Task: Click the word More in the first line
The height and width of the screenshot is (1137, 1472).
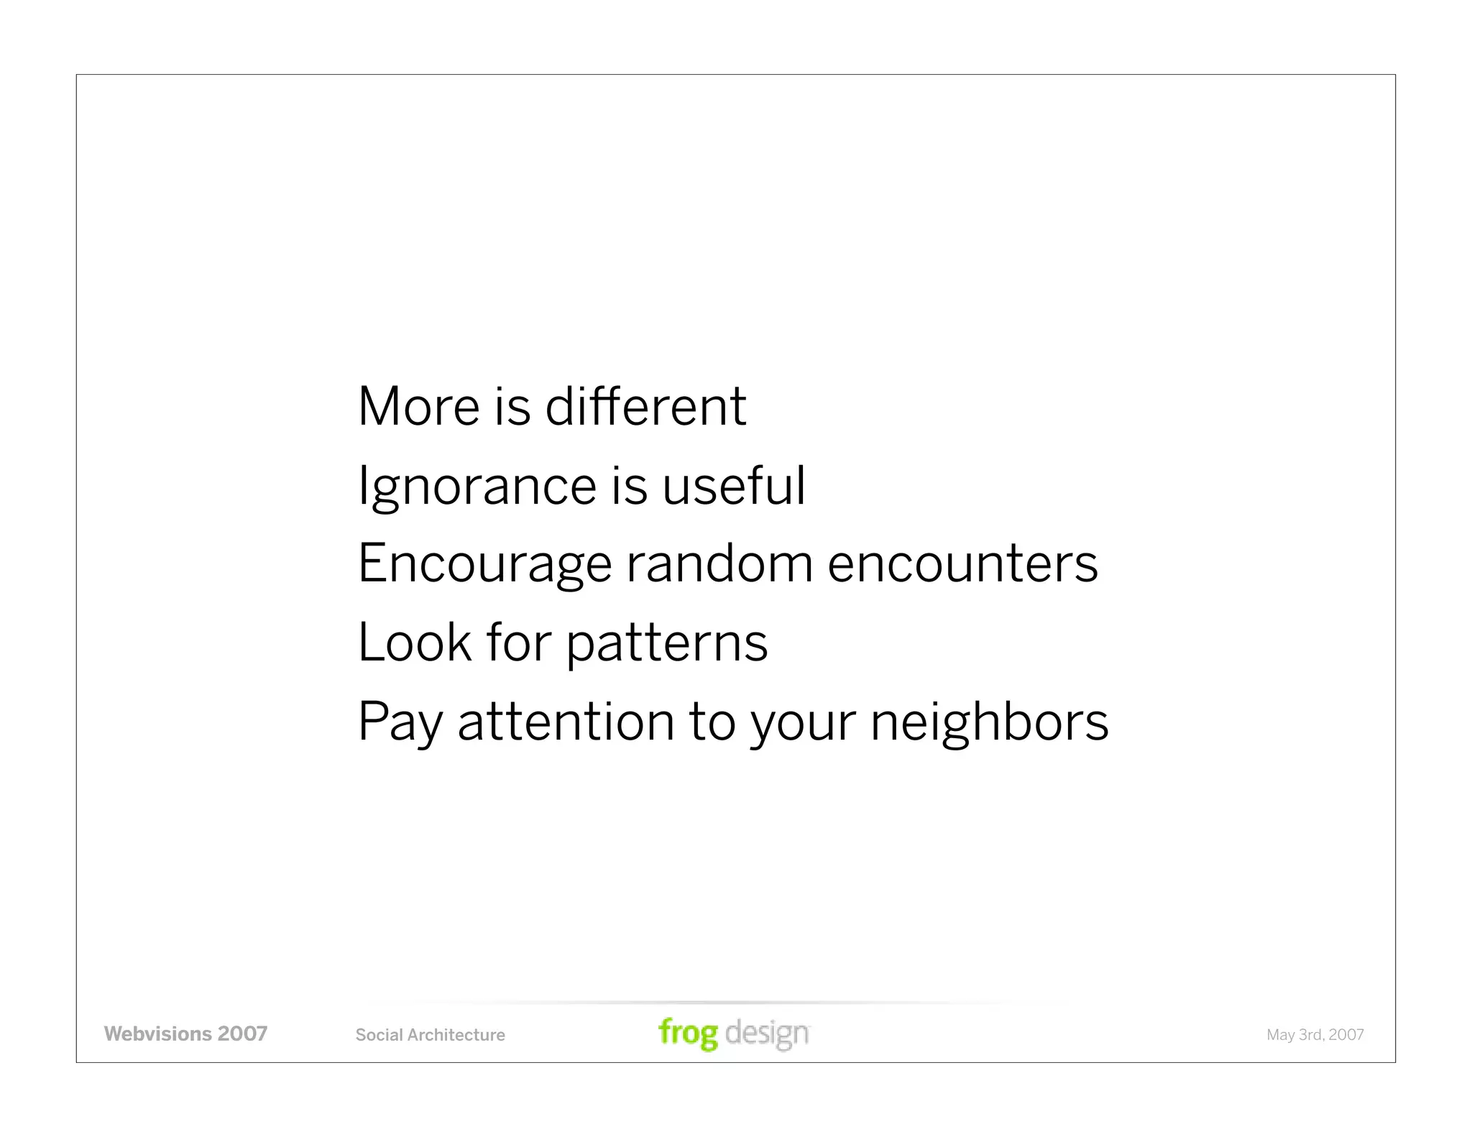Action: click(x=418, y=407)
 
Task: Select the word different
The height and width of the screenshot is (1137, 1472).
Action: click(x=645, y=407)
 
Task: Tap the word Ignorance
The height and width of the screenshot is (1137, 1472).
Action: click(x=477, y=486)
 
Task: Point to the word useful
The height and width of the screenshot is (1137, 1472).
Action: click(x=733, y=486)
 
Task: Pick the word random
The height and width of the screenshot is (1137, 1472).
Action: click(x=719, y=564)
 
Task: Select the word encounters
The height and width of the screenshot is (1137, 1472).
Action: click(x=962, y=564)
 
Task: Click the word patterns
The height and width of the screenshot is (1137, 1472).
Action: click(x=666, y=643)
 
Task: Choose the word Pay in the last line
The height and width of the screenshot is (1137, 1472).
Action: click(x=400, y=722)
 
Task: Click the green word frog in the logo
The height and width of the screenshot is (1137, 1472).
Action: click(x=688, y=1034)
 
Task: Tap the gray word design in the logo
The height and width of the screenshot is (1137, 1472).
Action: click(x=767, y=1034)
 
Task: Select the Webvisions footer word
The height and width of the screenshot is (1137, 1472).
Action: click(x=157, y=1034)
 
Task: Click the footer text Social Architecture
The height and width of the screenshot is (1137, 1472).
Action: click(x=430, y=1035)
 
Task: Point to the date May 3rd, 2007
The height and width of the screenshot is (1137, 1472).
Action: click(x=1315, y=1035)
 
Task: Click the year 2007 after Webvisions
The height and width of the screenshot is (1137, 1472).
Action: click(x=242, y=1034)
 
